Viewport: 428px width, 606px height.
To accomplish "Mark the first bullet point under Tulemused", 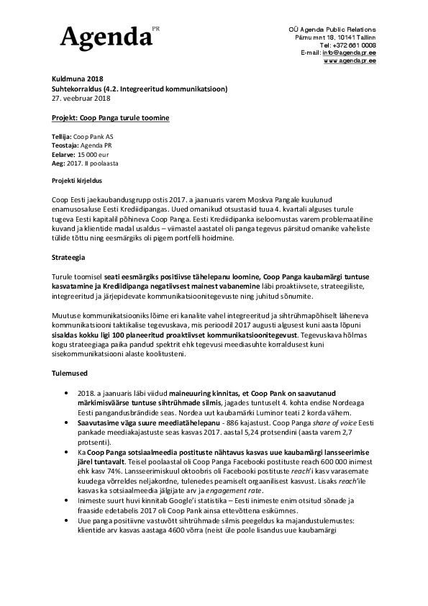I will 65,394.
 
